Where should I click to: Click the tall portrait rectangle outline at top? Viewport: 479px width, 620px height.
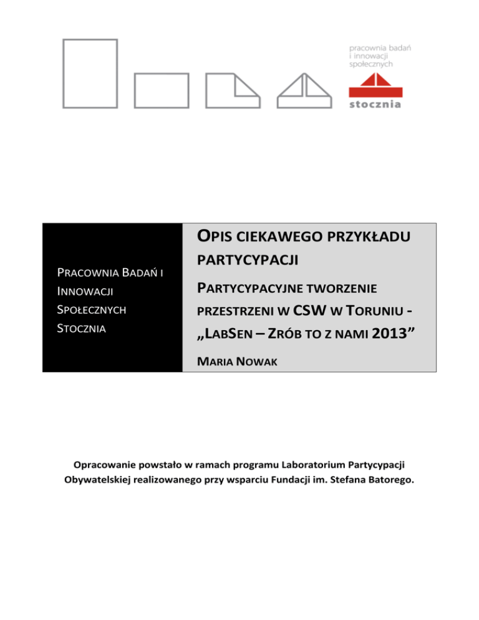pos(91,74)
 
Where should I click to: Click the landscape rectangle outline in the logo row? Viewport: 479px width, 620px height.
pos(161,91)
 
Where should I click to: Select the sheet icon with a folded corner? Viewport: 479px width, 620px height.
pos(233,91)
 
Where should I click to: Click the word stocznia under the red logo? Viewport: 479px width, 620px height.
pos(375,104)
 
